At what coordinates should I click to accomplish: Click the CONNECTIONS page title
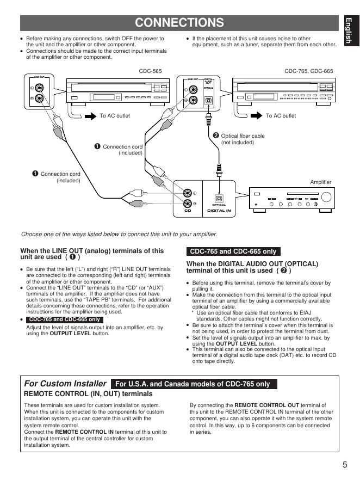[179, 22]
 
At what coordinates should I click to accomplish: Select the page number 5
[345, 464]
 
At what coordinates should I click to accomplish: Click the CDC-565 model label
[151, 71]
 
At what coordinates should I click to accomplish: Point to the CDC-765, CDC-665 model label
[309, 71]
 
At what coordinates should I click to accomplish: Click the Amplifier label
[321, 182]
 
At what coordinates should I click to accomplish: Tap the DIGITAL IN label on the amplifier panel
[219, 209]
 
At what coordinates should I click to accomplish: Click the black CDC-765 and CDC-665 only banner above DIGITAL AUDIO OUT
[233, 251]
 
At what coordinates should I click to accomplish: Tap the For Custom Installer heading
[65, 383]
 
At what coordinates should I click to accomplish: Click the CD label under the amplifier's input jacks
[188, 210]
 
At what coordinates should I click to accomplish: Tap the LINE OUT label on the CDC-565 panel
[40, 78]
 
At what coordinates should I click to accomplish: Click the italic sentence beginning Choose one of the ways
[119, 235]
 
